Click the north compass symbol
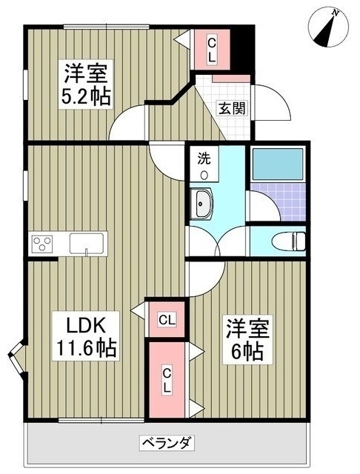tap(329, 28)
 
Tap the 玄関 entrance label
tap(232, 109)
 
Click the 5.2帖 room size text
tap(86, 96)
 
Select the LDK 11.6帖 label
tap(86, 336)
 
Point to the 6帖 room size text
tap(247, 352)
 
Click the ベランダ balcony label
tap(167, 443)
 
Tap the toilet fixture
tap(289, 242)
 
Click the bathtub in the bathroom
tap(278, 164)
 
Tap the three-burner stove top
tap(42, 244)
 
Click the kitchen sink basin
tap(87, 244)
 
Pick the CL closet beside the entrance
tap(212, 50)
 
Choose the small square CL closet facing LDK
tap(167, 319)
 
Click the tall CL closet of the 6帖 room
tap(167, 380)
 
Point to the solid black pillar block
tap(244, 49)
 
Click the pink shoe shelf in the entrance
tap(231, 79)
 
